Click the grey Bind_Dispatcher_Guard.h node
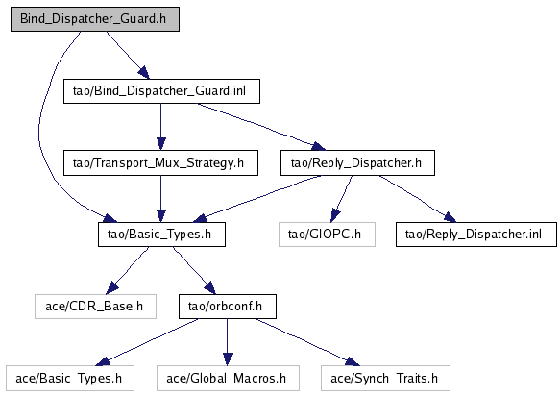click(95, 19)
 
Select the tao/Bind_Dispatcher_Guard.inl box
click(161, 91)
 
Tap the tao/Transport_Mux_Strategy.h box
click(160, 163)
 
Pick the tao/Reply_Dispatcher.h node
click(357, 163)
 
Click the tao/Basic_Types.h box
click(161, 235)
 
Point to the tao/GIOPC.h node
click(327, 235)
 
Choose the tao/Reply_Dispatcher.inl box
click(476, 235)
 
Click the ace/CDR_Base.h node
click(95, 307)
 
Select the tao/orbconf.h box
click(228, 307)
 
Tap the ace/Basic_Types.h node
click(70, 378)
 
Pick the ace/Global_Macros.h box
click(228, 378)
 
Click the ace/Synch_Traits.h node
click(385, 378)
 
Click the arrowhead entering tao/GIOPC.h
click(334, 215)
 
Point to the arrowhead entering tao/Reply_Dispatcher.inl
click(450, 217)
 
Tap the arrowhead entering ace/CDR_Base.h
click(112, 287)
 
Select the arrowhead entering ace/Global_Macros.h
click(228, 358)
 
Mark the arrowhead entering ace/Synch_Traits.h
click(353, 361)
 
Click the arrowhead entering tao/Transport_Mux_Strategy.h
click(161, 144)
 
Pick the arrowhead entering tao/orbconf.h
click(210, 287)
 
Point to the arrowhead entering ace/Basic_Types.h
click(103, 361)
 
